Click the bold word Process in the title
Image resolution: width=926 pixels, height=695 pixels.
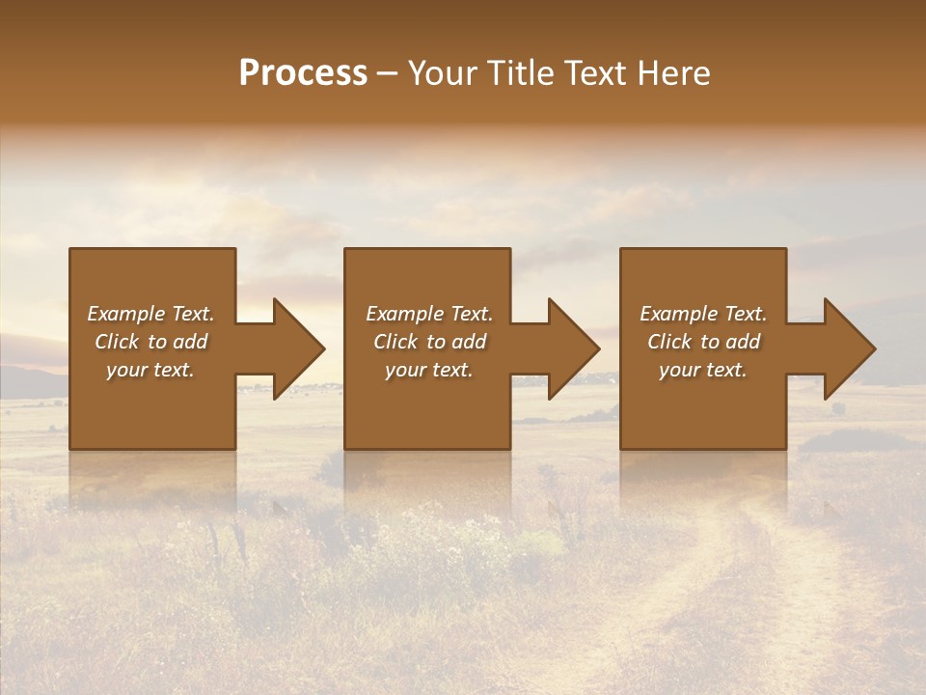[x=303, y=73]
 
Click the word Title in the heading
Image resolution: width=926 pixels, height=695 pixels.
[x=519, y=73]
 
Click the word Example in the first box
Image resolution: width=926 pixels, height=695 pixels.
[x=125, y=314]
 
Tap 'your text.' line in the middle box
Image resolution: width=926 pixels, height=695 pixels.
[x=428, y=370]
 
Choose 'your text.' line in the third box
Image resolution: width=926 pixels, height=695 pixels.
[x=702, y=370]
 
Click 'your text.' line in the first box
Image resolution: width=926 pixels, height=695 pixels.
[x=150, y=370]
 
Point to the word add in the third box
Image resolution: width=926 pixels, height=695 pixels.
[x=743, y=342]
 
